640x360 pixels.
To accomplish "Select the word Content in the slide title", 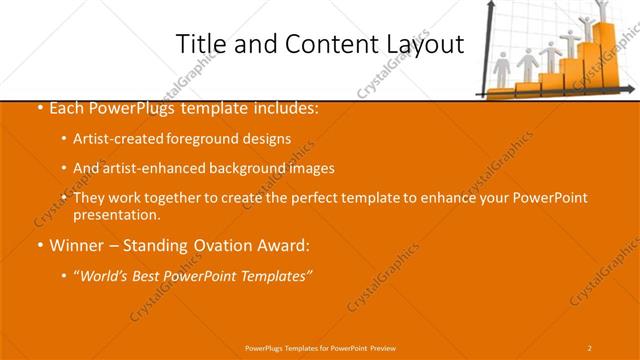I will coord(320,45).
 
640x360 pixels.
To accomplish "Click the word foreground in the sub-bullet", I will coord(213,139).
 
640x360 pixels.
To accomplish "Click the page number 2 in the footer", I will coord(590,347).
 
